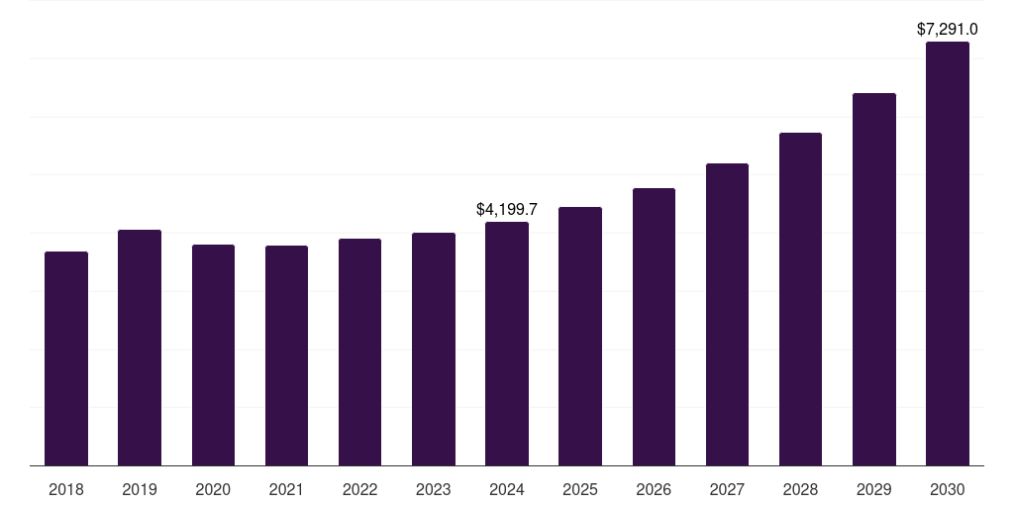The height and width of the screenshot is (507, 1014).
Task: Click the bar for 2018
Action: (66, 358)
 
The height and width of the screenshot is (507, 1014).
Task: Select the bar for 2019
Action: (140, 348)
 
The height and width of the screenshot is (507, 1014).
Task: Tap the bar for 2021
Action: (286, 355)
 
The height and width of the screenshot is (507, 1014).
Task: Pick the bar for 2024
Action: (507, 344)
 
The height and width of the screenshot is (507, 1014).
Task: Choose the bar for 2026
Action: (654, 327)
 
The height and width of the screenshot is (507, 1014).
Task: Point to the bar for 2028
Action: (800, 299)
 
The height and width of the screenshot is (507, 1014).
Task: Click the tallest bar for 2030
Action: (948, 253)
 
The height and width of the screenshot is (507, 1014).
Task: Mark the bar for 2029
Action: (874, 279)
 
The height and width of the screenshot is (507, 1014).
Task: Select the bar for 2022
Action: (359, 352)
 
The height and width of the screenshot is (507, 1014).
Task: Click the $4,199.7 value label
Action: (507, 210)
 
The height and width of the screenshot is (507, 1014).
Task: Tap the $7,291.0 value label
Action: (948, 30)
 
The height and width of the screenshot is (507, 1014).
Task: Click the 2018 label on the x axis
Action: (66, 490)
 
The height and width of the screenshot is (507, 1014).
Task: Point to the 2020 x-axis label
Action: (213, 490)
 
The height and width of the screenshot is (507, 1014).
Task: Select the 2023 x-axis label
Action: (434, 490)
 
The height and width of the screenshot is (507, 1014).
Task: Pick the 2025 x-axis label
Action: (580, 490)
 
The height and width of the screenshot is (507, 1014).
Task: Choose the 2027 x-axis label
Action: (727, 490)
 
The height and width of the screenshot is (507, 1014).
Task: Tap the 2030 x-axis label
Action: (948, 490)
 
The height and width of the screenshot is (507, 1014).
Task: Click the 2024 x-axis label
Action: (507, 490)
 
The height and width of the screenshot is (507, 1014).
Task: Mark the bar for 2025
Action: (580, 336)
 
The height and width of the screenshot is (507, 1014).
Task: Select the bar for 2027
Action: (727, 314)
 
